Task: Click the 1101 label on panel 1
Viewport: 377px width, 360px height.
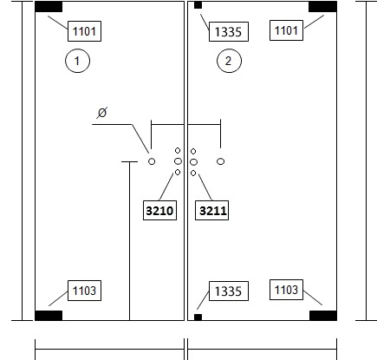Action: click(x=84, y=31)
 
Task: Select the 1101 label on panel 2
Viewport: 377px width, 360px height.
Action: click(x=286, y=30)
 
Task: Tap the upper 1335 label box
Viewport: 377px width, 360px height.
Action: click(x=229, y=31)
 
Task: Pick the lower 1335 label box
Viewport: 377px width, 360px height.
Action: click(x=229, y=291)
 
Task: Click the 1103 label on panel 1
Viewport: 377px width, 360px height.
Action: click(x=84, y=291)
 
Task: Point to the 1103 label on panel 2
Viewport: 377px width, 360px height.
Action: click(x=286, y=290)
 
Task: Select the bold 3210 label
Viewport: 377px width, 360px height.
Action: click(x=159, y=211)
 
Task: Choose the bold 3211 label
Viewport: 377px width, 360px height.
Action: click(x=211, y=211)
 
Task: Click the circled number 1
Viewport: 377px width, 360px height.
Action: click(x=77, y=61)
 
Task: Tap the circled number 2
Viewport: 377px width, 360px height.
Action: click(x=229, y=61)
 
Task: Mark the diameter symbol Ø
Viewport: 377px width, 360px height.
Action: click(x=102, y=113)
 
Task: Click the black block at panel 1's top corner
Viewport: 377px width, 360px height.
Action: click(x=49, y=7)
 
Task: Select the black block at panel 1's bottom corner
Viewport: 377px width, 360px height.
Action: click(x=49, y=316)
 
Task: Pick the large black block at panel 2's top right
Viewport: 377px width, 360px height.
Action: click(x=322, y=7)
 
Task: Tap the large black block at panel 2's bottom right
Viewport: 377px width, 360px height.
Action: click(x=323, y=316)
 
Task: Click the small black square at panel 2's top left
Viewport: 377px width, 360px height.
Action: click(x=198, y=5)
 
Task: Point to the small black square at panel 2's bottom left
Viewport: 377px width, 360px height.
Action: click(x=198, y=317)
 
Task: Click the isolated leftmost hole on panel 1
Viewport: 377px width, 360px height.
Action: click(x=152, y=161)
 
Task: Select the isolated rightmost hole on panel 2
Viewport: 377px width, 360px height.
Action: click(x=220, y=161)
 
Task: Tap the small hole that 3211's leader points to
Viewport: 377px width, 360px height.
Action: click(x=193, y=173)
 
